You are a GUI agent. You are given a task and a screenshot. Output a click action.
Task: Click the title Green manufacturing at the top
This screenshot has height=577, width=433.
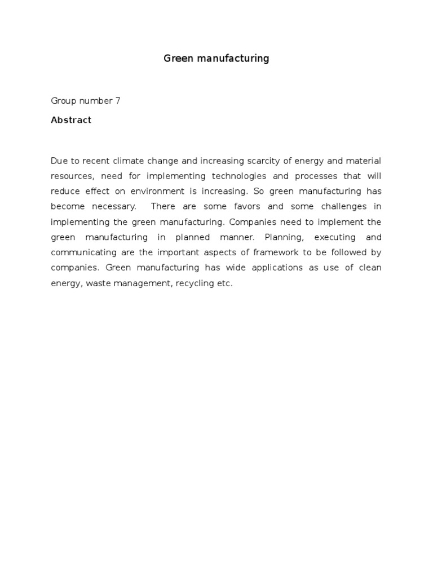(216, 59)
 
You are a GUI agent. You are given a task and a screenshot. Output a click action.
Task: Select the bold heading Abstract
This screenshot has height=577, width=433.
(71, 120)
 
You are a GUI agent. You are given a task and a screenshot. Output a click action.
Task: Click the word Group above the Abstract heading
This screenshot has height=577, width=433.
(63, 101)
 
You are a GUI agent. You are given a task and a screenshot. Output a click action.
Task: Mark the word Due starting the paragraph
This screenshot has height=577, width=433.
(59, 161)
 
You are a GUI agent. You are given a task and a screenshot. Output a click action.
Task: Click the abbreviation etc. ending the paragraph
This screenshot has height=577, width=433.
(225, 283)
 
